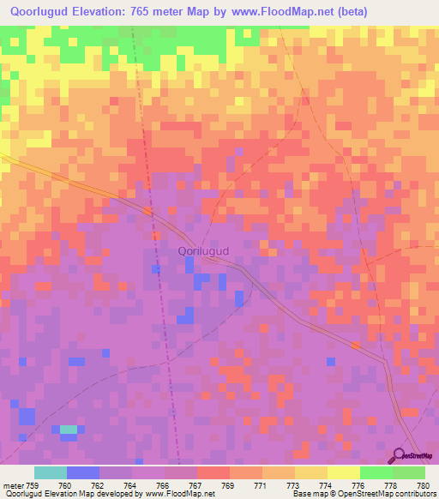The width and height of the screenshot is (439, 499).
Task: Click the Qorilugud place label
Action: pos(203,250)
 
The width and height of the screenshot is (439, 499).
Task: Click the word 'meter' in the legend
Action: pos(12,485)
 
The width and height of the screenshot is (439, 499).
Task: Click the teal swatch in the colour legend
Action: pos(51,472)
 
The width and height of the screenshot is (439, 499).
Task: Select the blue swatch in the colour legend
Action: pos(83,472)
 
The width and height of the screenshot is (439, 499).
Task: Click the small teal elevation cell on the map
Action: pos(68,430)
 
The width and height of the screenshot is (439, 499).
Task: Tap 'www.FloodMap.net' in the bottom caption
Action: pos(180,495)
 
